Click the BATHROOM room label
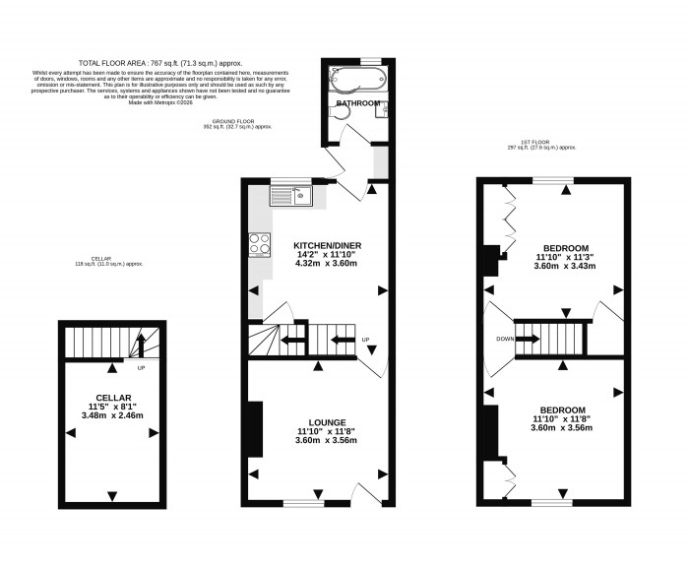[357, 102]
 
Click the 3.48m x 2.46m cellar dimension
[113, 415]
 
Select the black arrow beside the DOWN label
[527, 339]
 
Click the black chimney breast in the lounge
[254, 429]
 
